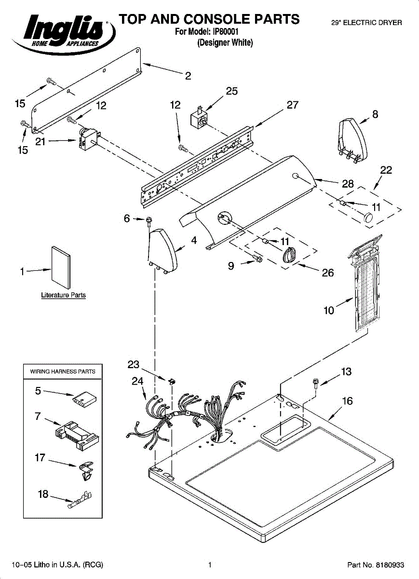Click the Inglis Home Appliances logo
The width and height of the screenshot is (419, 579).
point(63,34)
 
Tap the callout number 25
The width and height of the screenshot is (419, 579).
point(232,91)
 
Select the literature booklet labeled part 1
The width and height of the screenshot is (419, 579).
point(61,267)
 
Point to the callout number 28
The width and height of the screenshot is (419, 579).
point(348,184)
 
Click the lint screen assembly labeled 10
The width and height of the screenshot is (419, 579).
point(365,283)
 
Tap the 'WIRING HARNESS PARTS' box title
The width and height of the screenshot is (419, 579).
point(63,372)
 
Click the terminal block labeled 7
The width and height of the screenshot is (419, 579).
point(77,436)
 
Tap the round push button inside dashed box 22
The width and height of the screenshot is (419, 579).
point(368,218)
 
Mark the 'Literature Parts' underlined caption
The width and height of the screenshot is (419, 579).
point(64,295)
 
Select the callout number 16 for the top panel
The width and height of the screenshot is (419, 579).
point(348,401)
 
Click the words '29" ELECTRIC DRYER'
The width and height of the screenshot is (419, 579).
point(367,23)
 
